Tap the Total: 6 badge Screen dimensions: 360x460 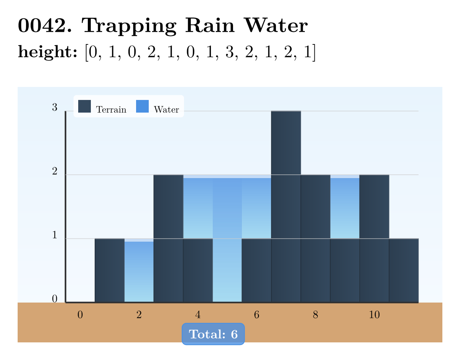point(213,334)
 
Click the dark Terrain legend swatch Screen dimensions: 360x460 point(84,106)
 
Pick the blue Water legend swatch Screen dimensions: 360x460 point(142,106)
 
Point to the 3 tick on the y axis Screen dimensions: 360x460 point(55,108)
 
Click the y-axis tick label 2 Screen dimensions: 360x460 point(55,172)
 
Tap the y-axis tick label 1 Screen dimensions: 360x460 point(55,236)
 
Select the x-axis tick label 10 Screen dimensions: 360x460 point(374,315)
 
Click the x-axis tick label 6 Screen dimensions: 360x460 point(256,315)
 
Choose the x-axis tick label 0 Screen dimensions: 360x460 point(80,315)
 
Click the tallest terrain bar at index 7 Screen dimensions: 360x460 point(286,207)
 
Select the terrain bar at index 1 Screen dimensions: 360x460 point(110,270)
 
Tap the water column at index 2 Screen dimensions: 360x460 point(139,272)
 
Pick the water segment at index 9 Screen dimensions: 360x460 point(345,208)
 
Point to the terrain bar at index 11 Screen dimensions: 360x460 point(404,270)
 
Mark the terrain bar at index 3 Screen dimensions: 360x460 point(168,239)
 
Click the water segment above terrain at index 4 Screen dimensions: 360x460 point(198,208)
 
